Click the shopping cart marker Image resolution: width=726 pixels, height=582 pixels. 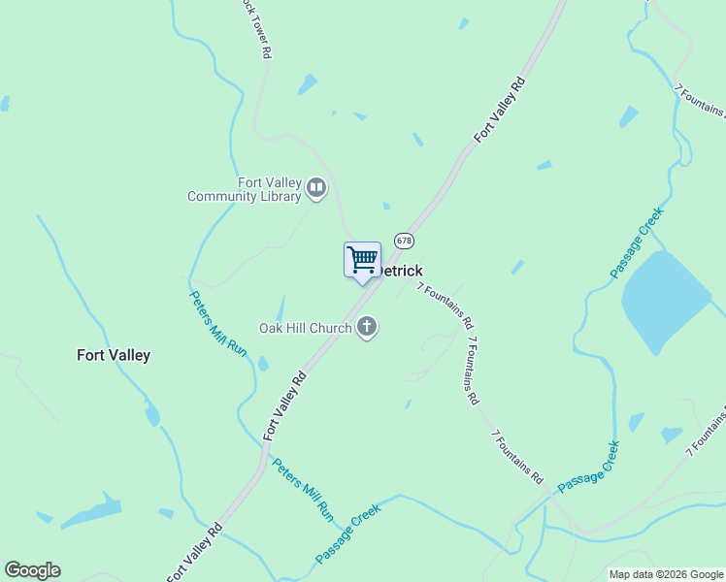point(362,260)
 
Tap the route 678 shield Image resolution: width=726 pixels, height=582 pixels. point(404,240)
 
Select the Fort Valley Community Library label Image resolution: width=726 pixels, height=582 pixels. point(245,189)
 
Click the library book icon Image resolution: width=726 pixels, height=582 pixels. point(316,188)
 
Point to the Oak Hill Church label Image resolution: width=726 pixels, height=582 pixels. point(305,328)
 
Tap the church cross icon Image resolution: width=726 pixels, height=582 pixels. point(367,327)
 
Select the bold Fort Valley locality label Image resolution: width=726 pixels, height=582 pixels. point(114,355)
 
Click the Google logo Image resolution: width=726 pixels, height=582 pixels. point(32,570)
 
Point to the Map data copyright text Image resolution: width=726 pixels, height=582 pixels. point(665,574)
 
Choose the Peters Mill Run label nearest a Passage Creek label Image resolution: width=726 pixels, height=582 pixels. point(302,490)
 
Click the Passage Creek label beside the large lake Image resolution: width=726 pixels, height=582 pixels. point(638,243)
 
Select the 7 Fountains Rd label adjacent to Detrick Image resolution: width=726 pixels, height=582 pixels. point(445,305)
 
